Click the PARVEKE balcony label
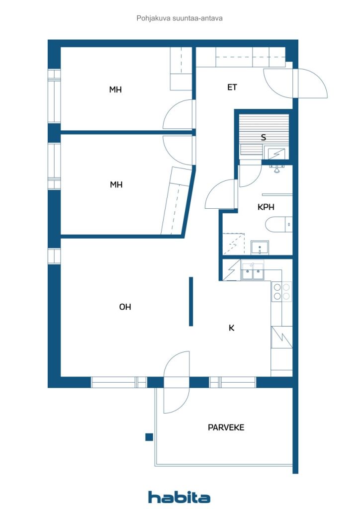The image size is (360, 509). tap(226, 427)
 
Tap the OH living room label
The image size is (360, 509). tap(125, 307)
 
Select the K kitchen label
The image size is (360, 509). tap(231, 328)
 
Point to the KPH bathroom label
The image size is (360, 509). tap(266, 207)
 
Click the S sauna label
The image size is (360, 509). tap(263, 137)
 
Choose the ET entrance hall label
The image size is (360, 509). tap(232, 87)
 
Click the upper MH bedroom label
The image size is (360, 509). tap(115, 89)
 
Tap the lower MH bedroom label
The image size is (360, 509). tap(116, 185)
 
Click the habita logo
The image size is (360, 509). tap(179, 497)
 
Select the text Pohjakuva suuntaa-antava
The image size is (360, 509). tap(180, 18)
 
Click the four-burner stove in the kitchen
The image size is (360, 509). tap(282, 291)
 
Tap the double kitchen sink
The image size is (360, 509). tap(252, 271)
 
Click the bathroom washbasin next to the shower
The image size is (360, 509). tap(260, 248)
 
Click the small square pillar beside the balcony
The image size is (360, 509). tap(149, 437)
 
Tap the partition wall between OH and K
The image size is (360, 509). tap(191, 301)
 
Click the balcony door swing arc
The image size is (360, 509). tap(176, 382)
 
